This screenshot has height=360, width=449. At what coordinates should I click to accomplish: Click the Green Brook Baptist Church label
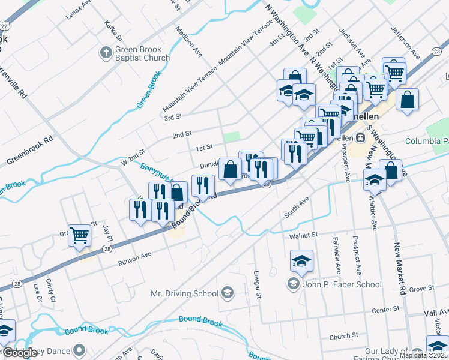point(143,54)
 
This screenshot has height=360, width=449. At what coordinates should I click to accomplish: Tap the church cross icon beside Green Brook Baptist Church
point(106,53)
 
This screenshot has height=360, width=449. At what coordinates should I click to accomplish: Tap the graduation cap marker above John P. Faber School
point(301,260)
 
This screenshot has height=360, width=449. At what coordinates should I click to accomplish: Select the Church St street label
point(343,336)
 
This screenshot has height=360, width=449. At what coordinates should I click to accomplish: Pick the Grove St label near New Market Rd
point(423,289)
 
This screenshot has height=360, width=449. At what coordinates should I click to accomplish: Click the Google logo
point(21,353)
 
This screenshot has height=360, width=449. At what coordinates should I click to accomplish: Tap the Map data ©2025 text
point(422,355)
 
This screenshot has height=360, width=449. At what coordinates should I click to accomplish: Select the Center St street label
point(385,310)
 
